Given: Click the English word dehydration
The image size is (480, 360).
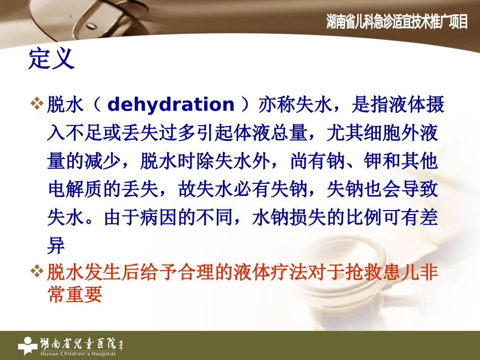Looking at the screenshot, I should coord(171,105).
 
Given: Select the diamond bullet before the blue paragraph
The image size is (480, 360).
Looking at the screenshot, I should coord(38,105).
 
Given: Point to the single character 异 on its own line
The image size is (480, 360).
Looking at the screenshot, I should coord(56,246).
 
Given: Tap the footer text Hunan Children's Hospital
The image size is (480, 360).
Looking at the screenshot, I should coord(79,353).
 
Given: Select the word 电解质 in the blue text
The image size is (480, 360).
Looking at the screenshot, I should coord(75,190).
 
